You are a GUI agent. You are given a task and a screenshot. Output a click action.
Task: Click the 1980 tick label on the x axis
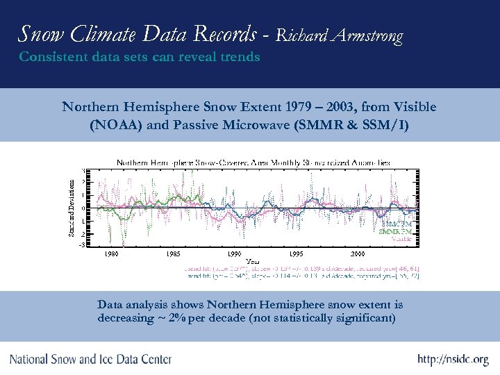(112, 254)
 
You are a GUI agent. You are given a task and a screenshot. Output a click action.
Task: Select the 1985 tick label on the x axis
(174, 254)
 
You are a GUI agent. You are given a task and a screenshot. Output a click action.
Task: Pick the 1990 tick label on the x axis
(235, 254)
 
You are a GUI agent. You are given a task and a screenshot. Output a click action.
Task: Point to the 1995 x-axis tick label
(297, 254)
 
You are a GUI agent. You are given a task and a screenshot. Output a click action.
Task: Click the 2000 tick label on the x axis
(358, 254)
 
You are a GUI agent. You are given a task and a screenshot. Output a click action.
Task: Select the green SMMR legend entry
(397, 231)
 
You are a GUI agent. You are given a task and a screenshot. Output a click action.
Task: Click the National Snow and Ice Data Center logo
(90, 359)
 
